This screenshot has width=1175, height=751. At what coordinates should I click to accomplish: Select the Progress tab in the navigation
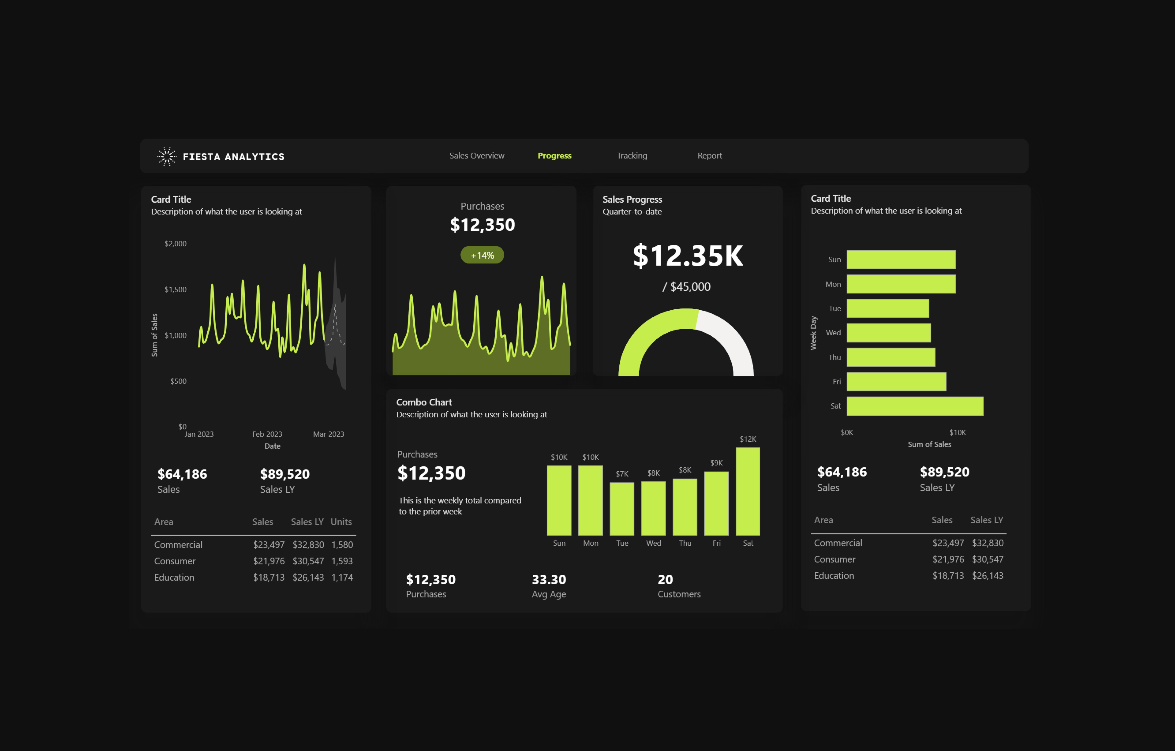coord(554,156)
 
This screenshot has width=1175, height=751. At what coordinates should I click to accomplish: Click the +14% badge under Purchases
coord(482,255)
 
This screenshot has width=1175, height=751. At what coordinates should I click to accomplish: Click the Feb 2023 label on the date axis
coord(267,434)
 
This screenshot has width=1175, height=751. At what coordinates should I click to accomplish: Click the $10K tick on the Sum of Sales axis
coord(957,432)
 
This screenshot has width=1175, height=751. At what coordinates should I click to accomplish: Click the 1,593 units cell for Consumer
coord(342,561)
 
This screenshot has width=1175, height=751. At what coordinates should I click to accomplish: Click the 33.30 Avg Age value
coord(548,579)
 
